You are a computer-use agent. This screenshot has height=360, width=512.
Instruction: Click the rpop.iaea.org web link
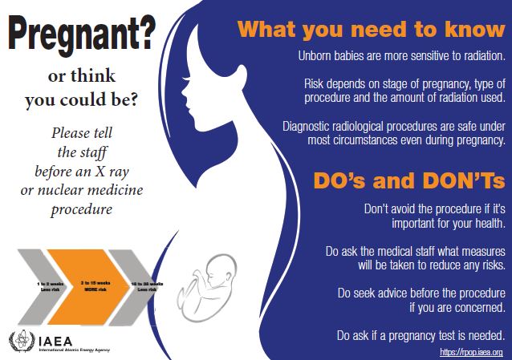click(x=471, y=351)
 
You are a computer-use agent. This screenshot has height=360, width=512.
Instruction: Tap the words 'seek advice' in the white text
click(x=379, y=293)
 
